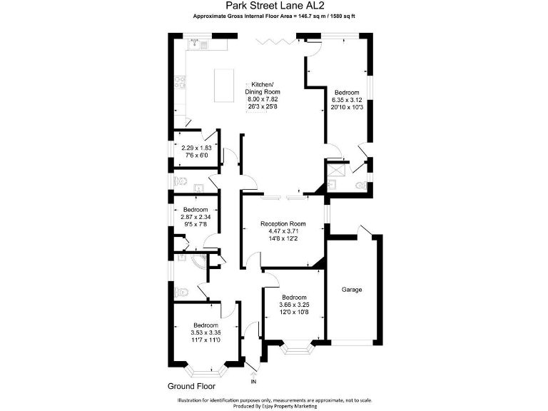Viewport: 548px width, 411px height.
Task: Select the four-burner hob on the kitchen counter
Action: (178, 84)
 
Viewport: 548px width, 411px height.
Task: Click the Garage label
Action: (352, 290)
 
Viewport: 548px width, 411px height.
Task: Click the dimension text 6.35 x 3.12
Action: (347, 100)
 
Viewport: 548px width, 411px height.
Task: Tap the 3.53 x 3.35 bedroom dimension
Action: (196, 332)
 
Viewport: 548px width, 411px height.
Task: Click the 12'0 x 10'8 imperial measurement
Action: (294, 313)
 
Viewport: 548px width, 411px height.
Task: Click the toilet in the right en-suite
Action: (361, 186)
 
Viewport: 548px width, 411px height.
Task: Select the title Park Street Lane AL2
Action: (273, 6)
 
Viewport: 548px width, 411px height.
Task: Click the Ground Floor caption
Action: (192, 386)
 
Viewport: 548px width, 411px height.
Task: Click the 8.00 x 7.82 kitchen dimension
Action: (262, 99)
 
